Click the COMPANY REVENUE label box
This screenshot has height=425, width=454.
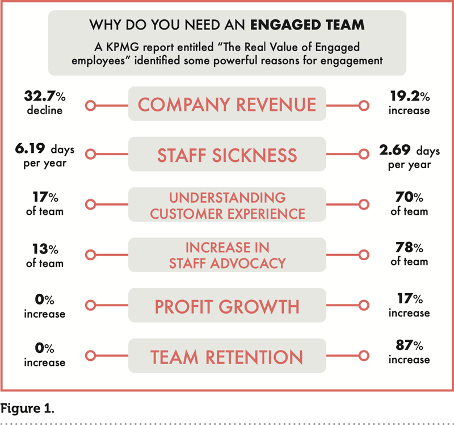pos(227,105)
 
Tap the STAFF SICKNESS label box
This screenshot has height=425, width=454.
pos(227,155)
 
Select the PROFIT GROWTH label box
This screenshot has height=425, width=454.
pos(227,307)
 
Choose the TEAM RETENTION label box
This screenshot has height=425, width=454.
pos(227,357)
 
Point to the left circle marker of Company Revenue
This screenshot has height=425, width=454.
pos(89,105)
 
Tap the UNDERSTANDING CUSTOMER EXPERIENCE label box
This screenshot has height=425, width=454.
pos(227,206)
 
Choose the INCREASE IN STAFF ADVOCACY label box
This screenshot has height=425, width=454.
pos(227,256)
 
